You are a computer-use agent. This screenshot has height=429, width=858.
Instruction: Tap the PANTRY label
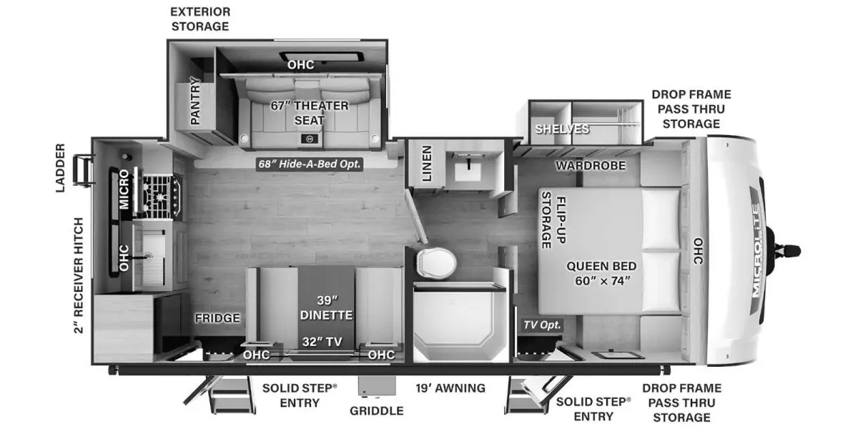194,101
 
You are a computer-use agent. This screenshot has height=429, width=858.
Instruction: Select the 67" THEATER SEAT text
309,113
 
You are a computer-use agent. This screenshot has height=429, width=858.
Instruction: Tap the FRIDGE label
217,318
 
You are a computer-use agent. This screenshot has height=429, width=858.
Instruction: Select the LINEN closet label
426,163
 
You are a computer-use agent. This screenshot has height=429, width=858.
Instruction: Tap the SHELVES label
562,129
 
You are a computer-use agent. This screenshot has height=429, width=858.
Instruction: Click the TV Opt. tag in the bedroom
543,325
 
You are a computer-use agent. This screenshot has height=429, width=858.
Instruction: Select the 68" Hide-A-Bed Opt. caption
310,164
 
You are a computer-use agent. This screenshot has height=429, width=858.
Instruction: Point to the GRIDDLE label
376,410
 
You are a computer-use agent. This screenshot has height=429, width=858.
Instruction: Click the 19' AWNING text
450,388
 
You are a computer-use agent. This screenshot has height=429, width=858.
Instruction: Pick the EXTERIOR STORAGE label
199,19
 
